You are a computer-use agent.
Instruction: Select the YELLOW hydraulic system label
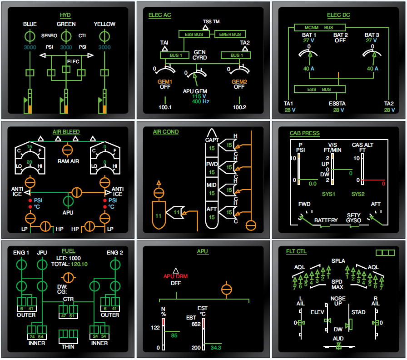coord(104,24)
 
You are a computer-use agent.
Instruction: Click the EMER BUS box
coord(230,35)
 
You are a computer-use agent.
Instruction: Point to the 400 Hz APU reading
coord(196,102)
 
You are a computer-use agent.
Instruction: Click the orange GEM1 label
coord(165,81)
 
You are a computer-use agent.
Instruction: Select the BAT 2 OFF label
coord(340,38)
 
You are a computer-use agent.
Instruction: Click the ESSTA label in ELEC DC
coord(337,104)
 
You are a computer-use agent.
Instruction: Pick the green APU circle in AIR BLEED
coord(69,201)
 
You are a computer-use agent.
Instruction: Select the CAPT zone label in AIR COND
coord(212,140)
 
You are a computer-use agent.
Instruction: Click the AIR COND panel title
coord(165,132)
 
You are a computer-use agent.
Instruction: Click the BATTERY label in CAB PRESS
coord(326,220)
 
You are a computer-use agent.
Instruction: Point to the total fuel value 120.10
coord(79,264)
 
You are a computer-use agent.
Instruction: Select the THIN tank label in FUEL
coord(68,347)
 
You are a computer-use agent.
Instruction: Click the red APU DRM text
coord(175,276)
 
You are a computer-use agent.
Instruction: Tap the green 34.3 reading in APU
coord(215,348)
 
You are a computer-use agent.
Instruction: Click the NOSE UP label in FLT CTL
coord(338,301)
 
